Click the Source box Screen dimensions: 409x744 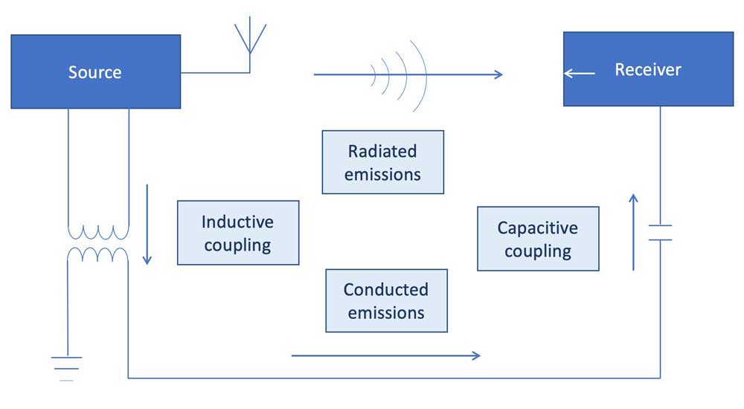click(x=95, y=71)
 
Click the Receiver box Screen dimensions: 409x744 click(x=648, y=69)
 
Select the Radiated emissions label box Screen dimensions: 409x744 click(x=382, y=162)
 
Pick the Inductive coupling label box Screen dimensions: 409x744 click(x=237, y=233)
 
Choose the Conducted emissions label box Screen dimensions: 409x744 click(x=386, y=300)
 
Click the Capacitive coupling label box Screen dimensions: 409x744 click(x=537, y=239)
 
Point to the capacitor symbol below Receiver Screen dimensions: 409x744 click(x=660, y=233)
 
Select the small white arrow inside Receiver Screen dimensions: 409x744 click(x=580, y=73)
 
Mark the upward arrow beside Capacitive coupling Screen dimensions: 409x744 click(x=633, y=231)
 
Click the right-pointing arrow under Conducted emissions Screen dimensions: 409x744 click(x=385, y=355)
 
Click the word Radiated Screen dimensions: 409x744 click(x=382, y=152)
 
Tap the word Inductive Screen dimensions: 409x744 click(x=237, y=222)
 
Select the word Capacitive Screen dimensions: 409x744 click(x=537, y=228)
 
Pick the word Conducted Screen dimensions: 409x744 click(x=386, y=290)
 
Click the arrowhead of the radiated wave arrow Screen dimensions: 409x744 click(x=498, y=74)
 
